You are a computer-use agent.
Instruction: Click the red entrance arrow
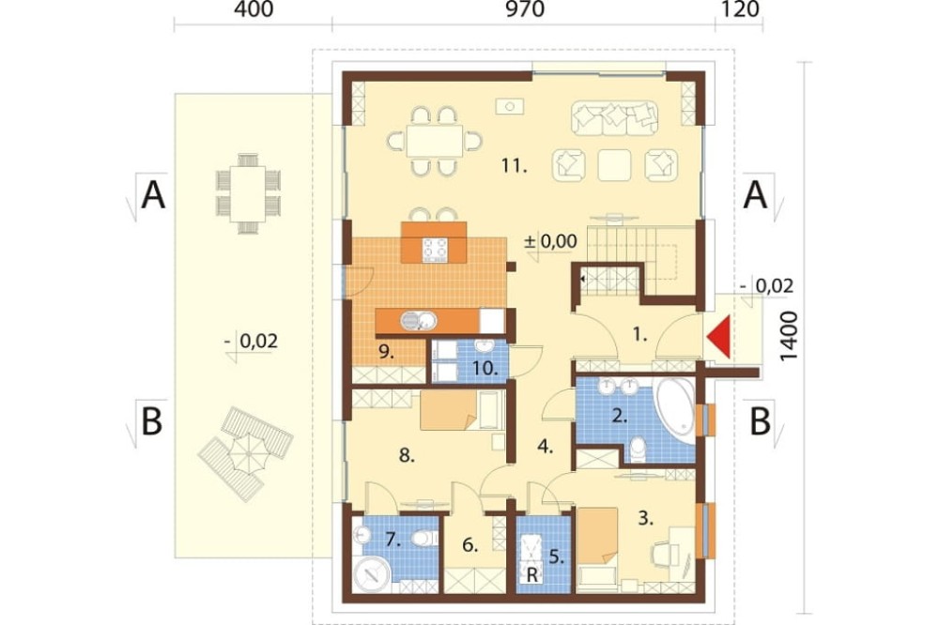(x=719, y=338)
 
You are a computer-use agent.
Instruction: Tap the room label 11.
(x=514, y=165)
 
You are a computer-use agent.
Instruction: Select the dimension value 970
(x=525, y=9)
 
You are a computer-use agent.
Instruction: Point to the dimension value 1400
(x=790, y=336)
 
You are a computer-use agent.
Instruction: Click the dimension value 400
(x=254, y=9)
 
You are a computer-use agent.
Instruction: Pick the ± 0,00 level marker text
(x=550, y=241)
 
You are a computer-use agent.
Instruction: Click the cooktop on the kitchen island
(x=435, y=251)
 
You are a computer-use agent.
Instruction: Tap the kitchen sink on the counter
(x=418, y=321)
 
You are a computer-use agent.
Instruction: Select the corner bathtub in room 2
(x=676, y=409)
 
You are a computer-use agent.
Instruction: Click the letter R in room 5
(x=531, y=576)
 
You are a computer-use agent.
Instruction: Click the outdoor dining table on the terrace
(x=249, y=193)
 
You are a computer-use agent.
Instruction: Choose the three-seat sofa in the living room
(x=614, y=118)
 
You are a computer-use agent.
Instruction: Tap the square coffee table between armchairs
(x=614, y=165)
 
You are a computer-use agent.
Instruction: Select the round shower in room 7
(x=373, y=574)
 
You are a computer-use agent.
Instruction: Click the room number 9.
(x=386, y=353)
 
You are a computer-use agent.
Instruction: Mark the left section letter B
(x=151, y=420)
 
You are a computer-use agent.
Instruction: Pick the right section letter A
(x=755, y=195)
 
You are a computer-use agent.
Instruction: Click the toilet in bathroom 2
(x=639, y=450)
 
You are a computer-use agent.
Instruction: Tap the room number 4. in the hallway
(x=545, y=446)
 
